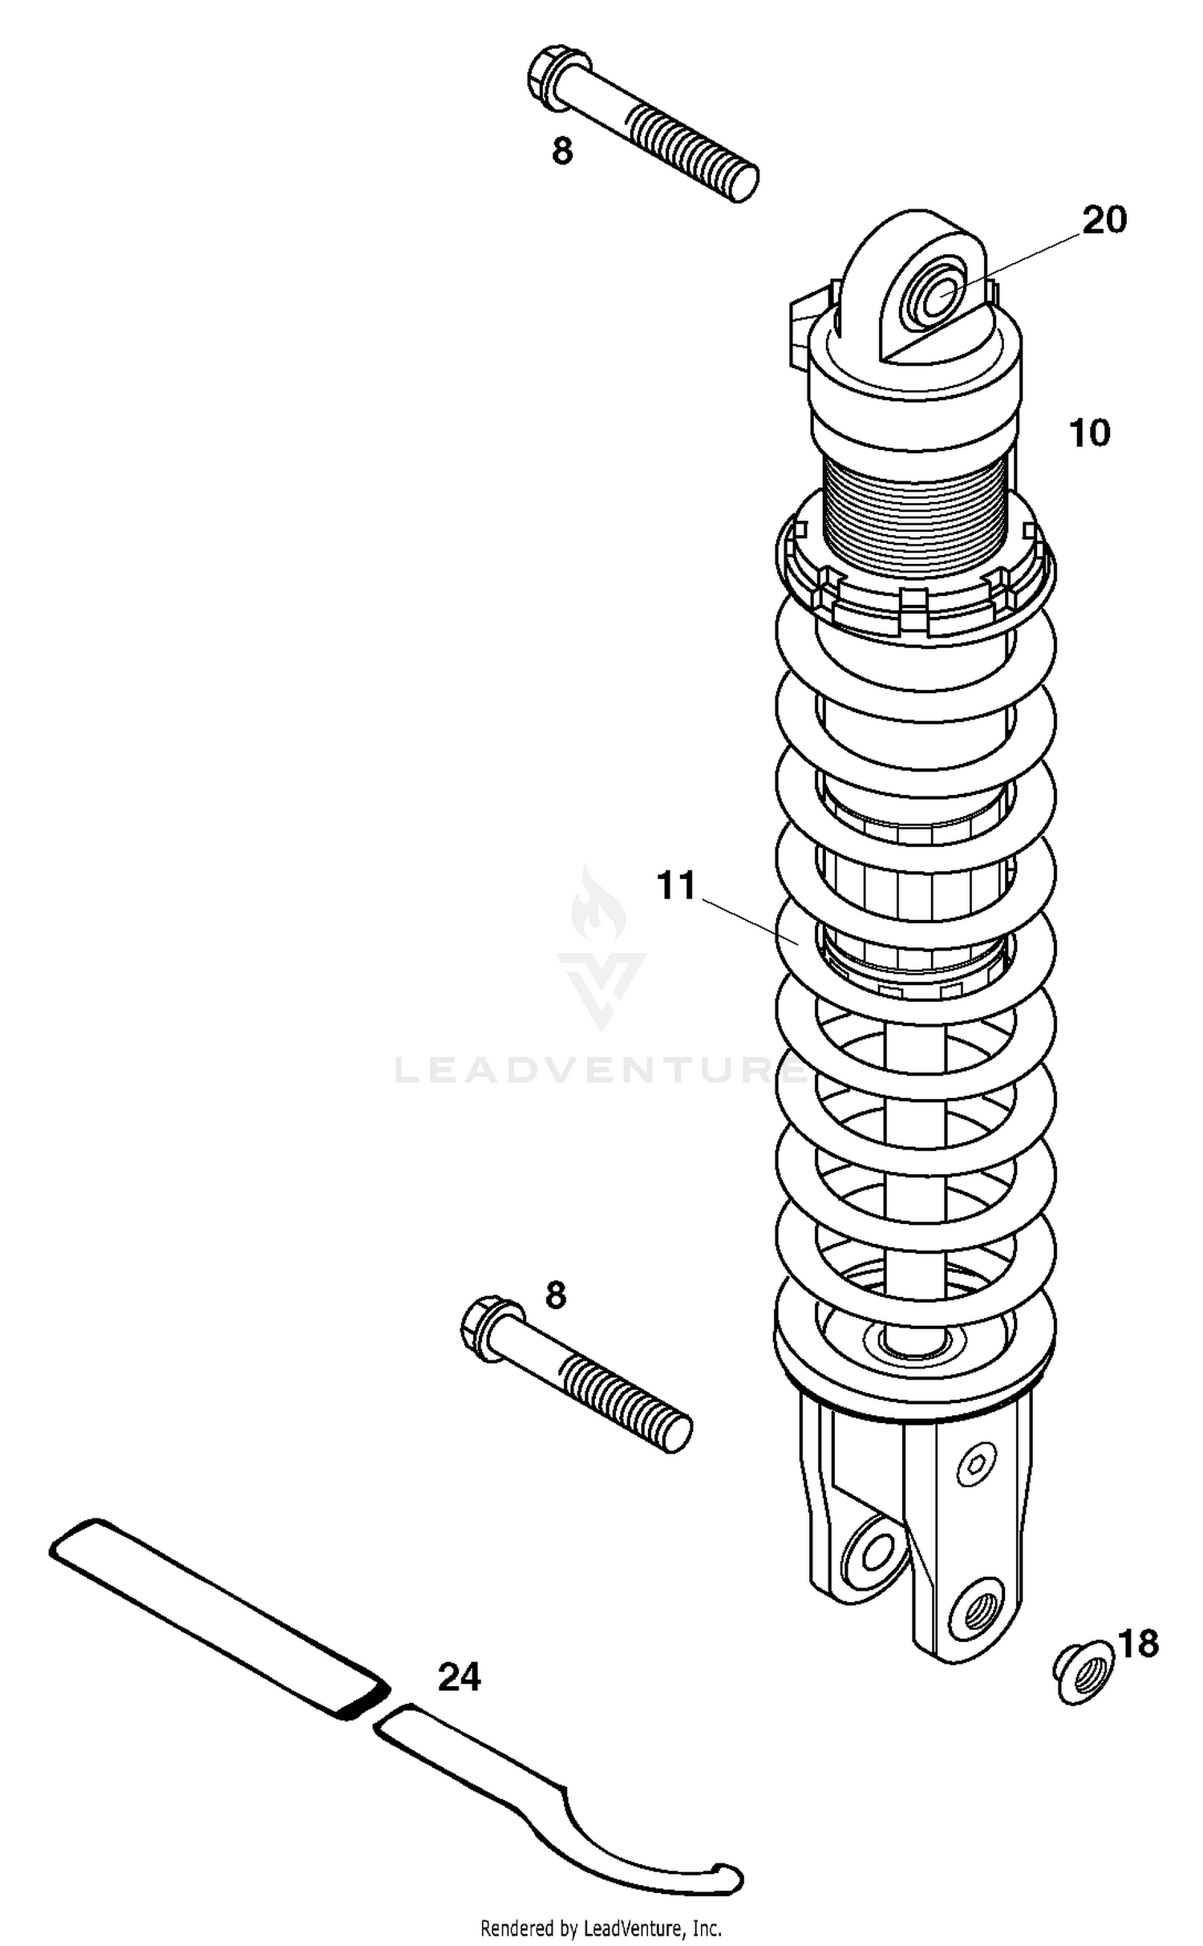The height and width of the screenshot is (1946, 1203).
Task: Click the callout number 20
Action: pyautogui.click(x=1104, y=220)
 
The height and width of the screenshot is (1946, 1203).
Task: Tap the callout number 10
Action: pyautogui.click(x=1089, y=434)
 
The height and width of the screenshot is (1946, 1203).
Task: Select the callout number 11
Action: pyautogui.click(x=676, y=886)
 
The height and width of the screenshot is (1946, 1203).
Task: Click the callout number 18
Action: pyautogui.click(x=1138, y=1644)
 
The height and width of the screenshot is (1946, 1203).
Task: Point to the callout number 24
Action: pyautogui.click(x=459, y=1677)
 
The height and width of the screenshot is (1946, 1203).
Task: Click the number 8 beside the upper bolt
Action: pyautogui.click(x=562, y=152)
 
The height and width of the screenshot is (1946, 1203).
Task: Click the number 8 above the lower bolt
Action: pyautogui.click(x=555, y=1295)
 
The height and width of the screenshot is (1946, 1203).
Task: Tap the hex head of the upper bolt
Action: pyautogui.click(x=550, y=80)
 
